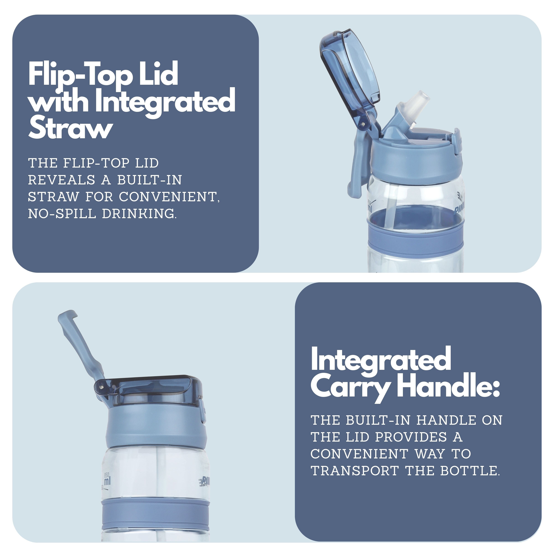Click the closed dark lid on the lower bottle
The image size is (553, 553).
click(x=155, y=389)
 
